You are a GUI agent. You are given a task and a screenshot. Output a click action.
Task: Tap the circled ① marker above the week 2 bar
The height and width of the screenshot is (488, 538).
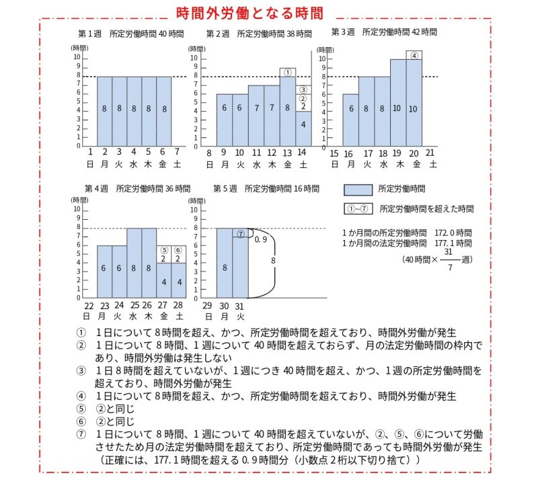[x=287, y=72]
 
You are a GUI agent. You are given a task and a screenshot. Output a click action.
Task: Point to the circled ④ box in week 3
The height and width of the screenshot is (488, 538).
[x=414, y=55]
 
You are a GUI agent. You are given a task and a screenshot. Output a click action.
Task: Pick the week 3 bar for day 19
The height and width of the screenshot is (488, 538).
[x=397, y=103]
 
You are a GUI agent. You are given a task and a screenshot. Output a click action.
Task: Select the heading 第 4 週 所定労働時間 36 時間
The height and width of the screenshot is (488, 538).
[x=137, y=189]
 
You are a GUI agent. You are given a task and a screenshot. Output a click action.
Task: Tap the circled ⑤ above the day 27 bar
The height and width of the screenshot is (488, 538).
[x=163, y=249]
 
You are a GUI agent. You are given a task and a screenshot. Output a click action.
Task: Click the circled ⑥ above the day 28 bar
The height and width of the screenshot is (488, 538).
[x=178, y=249]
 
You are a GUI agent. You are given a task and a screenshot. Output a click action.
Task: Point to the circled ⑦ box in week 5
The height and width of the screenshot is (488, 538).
[x=240, y=233]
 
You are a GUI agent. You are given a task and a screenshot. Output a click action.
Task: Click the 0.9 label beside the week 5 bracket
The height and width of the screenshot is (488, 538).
[x=261, y=239]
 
